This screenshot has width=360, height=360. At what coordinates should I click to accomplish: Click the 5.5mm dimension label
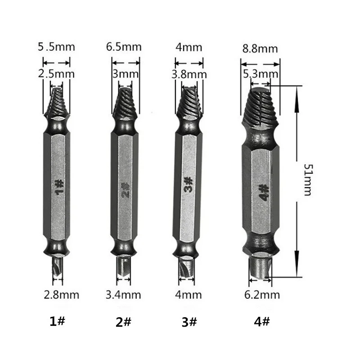(x=56, y=47)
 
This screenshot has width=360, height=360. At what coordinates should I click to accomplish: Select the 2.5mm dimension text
(x=57, y=74)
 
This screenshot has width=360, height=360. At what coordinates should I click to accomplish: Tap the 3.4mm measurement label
(x=123, y=295)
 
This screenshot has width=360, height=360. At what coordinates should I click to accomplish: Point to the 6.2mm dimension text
(x=262, y=295)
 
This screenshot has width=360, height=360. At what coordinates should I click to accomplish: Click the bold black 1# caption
(x=58, y=322)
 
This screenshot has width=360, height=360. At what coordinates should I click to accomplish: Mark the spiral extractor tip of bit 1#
(x=57, y=101)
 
